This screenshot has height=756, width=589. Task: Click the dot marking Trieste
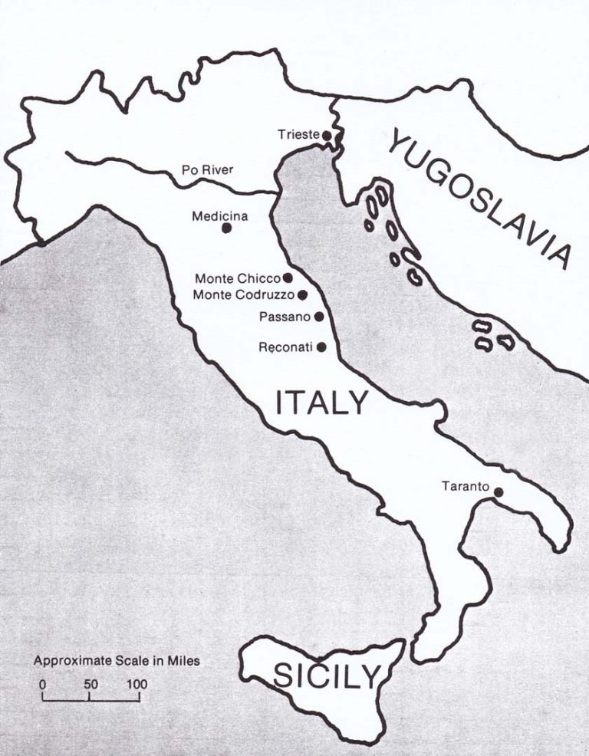[x=326, y=136]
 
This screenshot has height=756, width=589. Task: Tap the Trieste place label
[x=298, y=135]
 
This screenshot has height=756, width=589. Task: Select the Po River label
[x=206, y=169]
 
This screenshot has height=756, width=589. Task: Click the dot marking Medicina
[x=226, y=228]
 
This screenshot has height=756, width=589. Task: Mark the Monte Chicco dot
[x=288, y=278]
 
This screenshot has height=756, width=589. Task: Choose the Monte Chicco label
[x=238, y=278]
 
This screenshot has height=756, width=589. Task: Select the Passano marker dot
[x=318, y=316]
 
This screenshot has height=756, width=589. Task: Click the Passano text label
[x=285, y=316]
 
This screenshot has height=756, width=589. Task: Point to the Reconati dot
[x=321, y=347]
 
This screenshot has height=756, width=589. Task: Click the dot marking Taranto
[x=499, y=492]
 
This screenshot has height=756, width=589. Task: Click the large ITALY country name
[x=321, y=403]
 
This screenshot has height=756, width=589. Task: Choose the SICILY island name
[x=327, y=676]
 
